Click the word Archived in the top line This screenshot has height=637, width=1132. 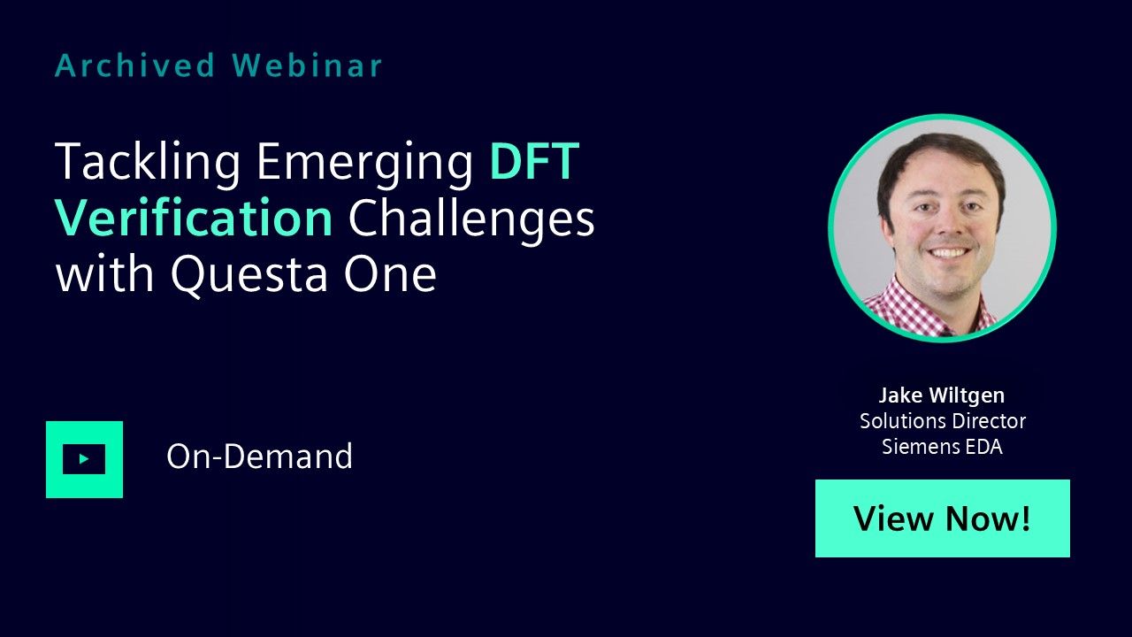pyautogui.click(x=135, y=65)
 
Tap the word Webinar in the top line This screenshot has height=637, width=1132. pyautogui.click(x=307, y=65)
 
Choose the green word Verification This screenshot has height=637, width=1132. pyautogui.click(x=194, y=218)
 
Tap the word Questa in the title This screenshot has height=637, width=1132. pyautogui.click(x=249, y=274)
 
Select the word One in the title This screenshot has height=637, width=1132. pyautogui.click(x=390, y=274)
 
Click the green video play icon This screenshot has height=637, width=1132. pyautogui.click(x=84, y=459)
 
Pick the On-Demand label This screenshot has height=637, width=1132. pyautogui.click(x=259, y=456)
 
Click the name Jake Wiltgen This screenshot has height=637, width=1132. pyautogui.click(x=942, y=395)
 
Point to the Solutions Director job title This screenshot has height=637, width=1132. pyautogui.click(x=943, y=420)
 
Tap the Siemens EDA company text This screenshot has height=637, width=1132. pyautogui.click(x=942, y=447)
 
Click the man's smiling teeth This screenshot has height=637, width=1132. pyautogui.click(x=947, y=252)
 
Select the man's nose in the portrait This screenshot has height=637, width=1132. pyautogui.click(x=949, y=222)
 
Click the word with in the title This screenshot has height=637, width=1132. pyautogui.click(x=104, y=274)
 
